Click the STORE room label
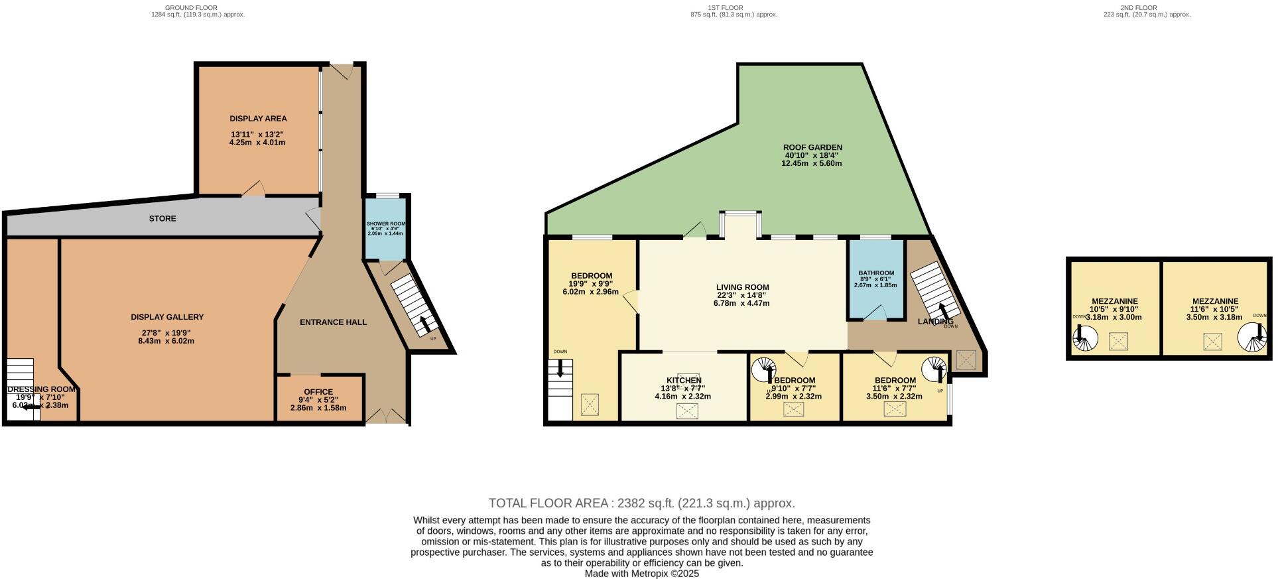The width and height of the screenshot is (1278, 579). coord(162,218)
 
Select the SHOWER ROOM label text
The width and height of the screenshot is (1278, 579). coord(385,224)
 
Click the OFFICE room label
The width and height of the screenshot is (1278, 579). coord(318,392)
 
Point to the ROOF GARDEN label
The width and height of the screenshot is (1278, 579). coord(812,147)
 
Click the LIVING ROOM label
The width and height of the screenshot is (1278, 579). coord(742,287)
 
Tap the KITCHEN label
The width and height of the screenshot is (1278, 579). coord(684,381)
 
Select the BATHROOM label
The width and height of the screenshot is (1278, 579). coord(875,273)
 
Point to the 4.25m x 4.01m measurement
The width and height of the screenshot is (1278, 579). coord(257,143)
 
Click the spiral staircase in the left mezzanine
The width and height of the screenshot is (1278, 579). coord(1085,339)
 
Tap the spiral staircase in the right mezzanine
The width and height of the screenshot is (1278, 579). coord(1251,338)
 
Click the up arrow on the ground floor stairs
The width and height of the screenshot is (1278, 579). coord(424,324)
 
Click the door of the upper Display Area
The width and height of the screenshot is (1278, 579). coord(253,190)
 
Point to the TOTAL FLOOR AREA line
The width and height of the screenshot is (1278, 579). coord(641,503)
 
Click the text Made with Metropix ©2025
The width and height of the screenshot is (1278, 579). coord(641,574)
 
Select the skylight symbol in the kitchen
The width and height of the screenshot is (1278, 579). coord(687,412)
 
